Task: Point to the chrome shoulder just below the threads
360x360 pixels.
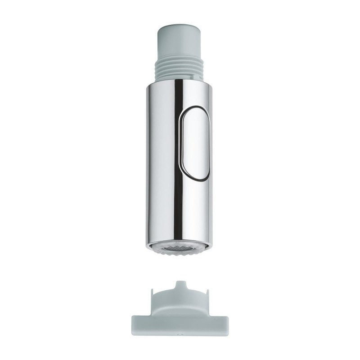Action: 180,82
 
